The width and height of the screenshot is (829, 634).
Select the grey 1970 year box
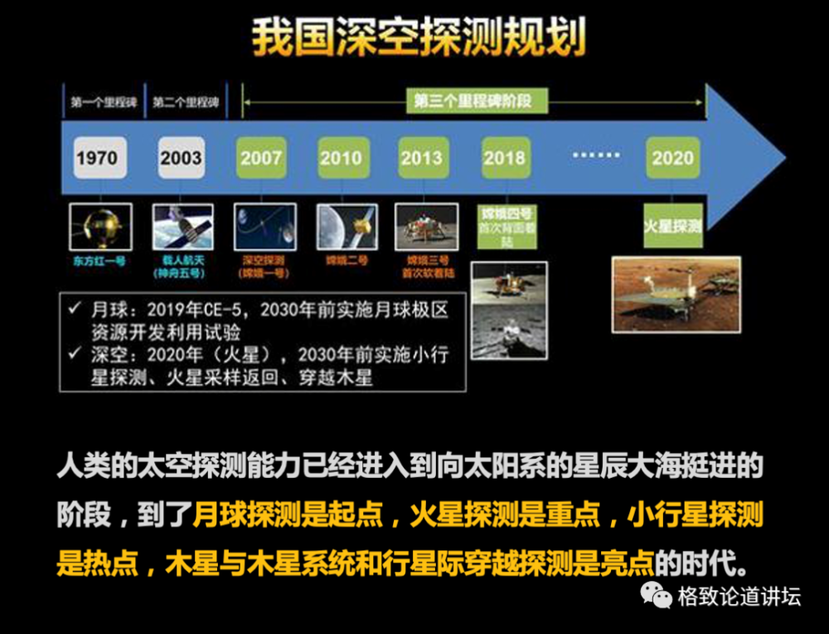97,158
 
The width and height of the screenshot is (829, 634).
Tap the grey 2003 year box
181,158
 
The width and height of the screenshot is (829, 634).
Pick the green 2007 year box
261,158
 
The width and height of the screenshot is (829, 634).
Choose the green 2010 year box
342,158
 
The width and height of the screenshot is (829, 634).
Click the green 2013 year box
422,158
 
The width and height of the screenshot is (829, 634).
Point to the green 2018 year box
504,158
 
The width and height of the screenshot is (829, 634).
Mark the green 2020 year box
672,158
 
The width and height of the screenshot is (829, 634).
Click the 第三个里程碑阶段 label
472,102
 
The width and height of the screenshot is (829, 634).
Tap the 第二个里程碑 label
185,103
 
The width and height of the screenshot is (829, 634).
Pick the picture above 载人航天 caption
182,227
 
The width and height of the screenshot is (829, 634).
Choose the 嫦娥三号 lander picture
426,227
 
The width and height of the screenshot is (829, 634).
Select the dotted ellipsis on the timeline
595,156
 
